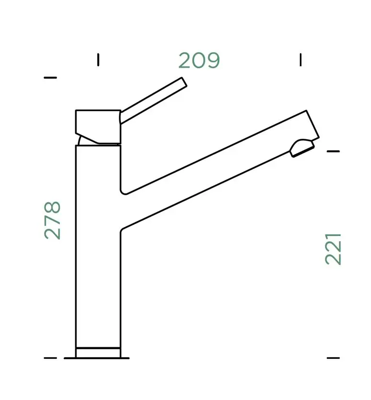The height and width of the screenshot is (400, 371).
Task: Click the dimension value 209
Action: coord(199,60)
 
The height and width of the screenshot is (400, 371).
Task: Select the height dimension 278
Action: coord(53,221)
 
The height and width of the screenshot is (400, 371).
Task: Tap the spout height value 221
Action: coord(333,249)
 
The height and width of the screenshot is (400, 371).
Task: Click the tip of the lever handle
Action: coord(184,82)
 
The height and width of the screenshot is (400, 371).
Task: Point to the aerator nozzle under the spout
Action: coord(301,148)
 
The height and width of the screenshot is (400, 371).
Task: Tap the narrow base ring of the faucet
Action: coord(98,353)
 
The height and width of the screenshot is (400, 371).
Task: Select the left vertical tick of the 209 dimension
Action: coord(98,59)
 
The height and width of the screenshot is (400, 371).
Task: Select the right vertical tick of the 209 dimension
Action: coord(301,59)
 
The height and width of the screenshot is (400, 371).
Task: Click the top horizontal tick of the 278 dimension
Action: coord(50,78)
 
